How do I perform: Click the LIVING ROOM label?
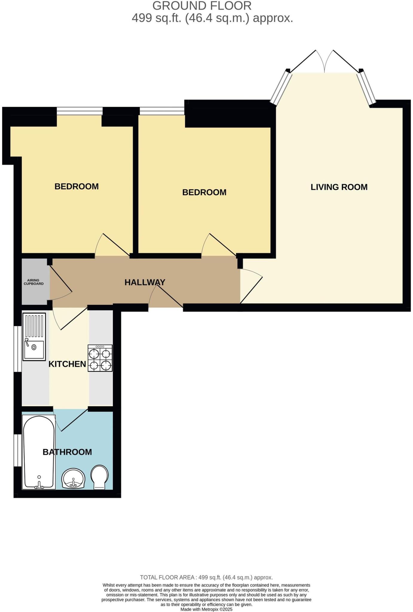pos(339,187)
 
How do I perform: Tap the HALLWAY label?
pos(145,282)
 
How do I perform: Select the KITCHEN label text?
pos(67,364)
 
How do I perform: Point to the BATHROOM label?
pos(67,452)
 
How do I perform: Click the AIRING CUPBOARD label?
pos(33,282)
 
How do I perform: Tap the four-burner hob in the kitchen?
pos(100,358)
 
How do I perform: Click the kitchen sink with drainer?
pos(34,336)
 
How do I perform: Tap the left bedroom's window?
pos(79,111)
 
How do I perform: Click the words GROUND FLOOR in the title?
pos(202,6)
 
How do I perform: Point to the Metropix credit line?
pos(206,609)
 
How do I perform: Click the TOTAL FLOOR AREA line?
pos(206,577)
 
